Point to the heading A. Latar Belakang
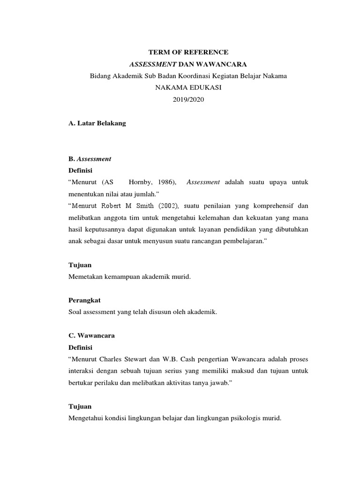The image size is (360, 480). [97, 123]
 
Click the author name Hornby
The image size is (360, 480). [141, 182]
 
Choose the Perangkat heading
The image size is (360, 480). [84, 300]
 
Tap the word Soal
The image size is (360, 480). [75, 312]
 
